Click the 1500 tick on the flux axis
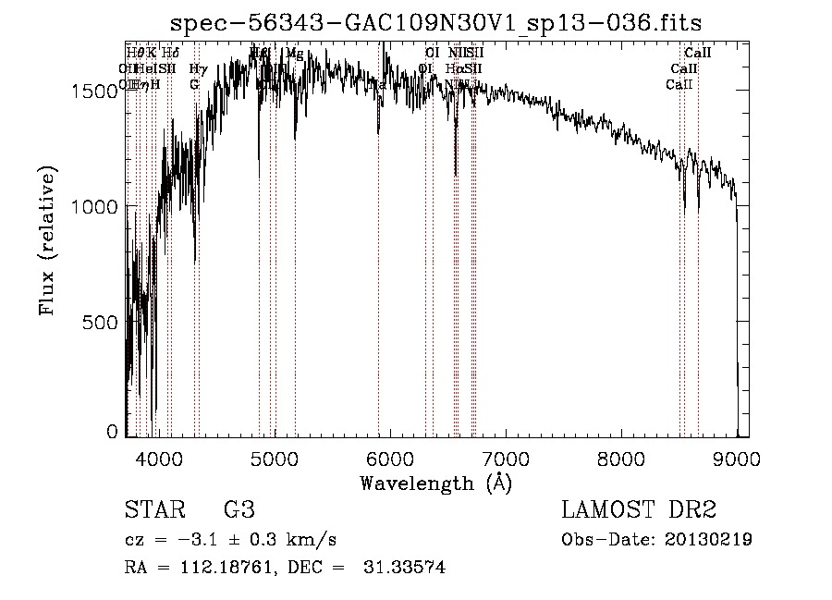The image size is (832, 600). (97, 91)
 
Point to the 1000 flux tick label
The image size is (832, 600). (97, 207)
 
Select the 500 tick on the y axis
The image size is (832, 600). (103, 323)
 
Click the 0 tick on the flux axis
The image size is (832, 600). (113, 431)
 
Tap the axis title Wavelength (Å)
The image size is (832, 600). (435, 483)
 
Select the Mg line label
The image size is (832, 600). (294, 54)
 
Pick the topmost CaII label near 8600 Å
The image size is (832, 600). (697, 54)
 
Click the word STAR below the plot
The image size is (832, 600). (153, 510)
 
